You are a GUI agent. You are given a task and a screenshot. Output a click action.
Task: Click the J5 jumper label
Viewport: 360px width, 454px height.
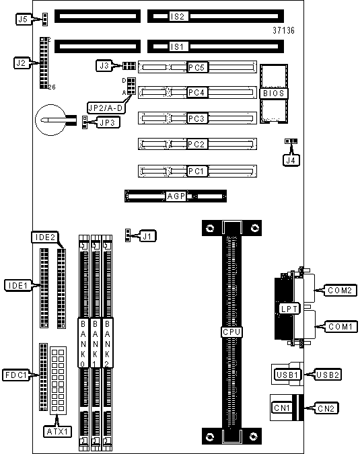pos(23,20)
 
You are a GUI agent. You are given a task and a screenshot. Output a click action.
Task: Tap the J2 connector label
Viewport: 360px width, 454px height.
pos(21,63)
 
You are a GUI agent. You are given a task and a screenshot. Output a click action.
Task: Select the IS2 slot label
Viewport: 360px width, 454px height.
pos(177,16)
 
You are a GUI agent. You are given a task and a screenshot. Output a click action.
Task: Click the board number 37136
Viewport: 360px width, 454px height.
pos(283,30)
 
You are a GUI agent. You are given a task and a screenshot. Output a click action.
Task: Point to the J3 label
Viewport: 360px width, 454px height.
pos(104,66)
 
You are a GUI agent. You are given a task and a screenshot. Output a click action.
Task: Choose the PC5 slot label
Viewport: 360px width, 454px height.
pos(196,67)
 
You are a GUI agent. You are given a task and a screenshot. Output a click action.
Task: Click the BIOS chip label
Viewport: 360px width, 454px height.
pos(274,93)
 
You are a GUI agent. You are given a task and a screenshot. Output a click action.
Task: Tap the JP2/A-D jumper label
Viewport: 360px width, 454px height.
pos(106,108)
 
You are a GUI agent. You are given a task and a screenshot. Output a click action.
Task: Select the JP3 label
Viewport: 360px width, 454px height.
pos(108,123)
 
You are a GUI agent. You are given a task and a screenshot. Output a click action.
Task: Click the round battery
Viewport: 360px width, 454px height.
pos(51,120)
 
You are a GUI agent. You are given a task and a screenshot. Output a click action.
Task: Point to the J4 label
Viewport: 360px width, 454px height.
pos(291,160)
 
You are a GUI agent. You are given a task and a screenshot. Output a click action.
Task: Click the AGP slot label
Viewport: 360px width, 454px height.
pos(176,196)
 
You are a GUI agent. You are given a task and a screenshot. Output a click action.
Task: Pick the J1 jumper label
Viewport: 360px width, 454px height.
pos(148,236)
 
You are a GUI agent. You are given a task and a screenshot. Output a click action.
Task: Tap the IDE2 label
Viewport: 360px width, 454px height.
pos(45,237)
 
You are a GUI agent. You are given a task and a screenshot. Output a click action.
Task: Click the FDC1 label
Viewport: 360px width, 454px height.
pos(16,375)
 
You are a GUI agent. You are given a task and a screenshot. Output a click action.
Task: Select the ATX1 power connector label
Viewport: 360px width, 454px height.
pos(58,432)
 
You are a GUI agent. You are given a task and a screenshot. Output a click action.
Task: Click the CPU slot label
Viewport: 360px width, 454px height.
pos(231,332)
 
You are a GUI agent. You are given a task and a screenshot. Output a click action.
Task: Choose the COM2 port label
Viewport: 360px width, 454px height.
pos(340,290)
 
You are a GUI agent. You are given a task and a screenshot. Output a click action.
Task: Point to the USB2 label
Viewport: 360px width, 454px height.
pos(328,375)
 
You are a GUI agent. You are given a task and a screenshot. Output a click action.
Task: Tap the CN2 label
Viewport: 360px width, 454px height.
pos(326,408)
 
